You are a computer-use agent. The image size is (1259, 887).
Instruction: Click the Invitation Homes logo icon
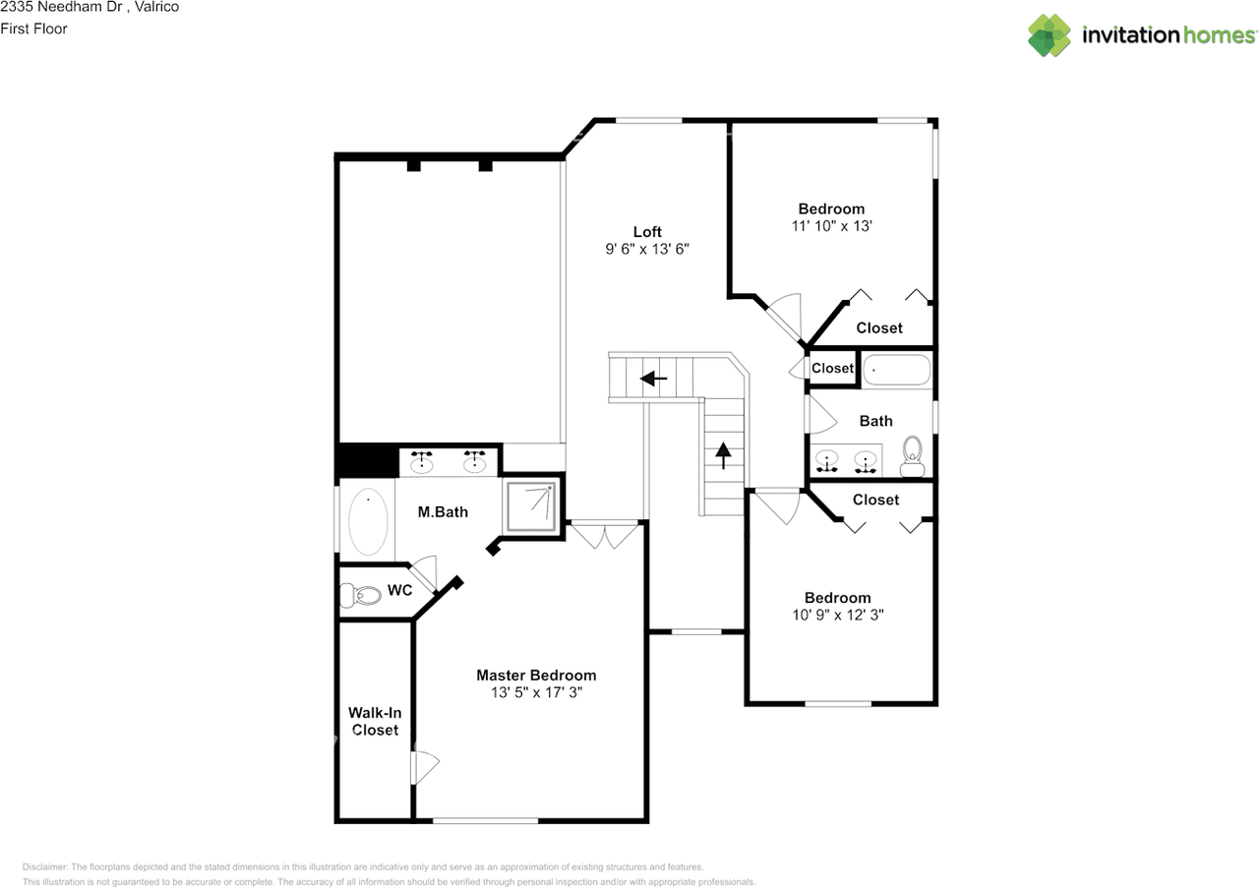(x=1049, y=35)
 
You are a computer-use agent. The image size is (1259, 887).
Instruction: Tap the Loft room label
(x=647, y=232)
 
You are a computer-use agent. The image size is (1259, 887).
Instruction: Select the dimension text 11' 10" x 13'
(x=831, y=226)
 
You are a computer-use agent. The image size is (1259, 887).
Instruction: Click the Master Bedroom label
(x=536, y=676)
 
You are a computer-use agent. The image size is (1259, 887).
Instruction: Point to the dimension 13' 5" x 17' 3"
(x=536, y=693)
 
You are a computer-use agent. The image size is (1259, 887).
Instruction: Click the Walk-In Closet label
(x=375, y=721)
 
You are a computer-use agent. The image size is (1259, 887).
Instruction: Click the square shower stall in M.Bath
(x=531, y=505)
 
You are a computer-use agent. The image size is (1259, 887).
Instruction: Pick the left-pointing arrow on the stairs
(x=653, y=378)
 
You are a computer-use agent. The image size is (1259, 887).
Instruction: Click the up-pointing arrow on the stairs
(x=724, y=454)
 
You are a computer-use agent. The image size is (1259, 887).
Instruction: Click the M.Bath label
(x=443, y=512)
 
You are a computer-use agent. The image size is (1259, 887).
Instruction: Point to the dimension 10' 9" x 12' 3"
(x=837, y=616)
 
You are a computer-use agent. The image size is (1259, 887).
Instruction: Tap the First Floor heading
(x=34, y=30)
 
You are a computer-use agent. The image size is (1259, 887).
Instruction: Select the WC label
(x=399, y=591)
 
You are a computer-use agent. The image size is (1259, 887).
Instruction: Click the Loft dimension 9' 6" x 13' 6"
(x=647, y=250)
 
